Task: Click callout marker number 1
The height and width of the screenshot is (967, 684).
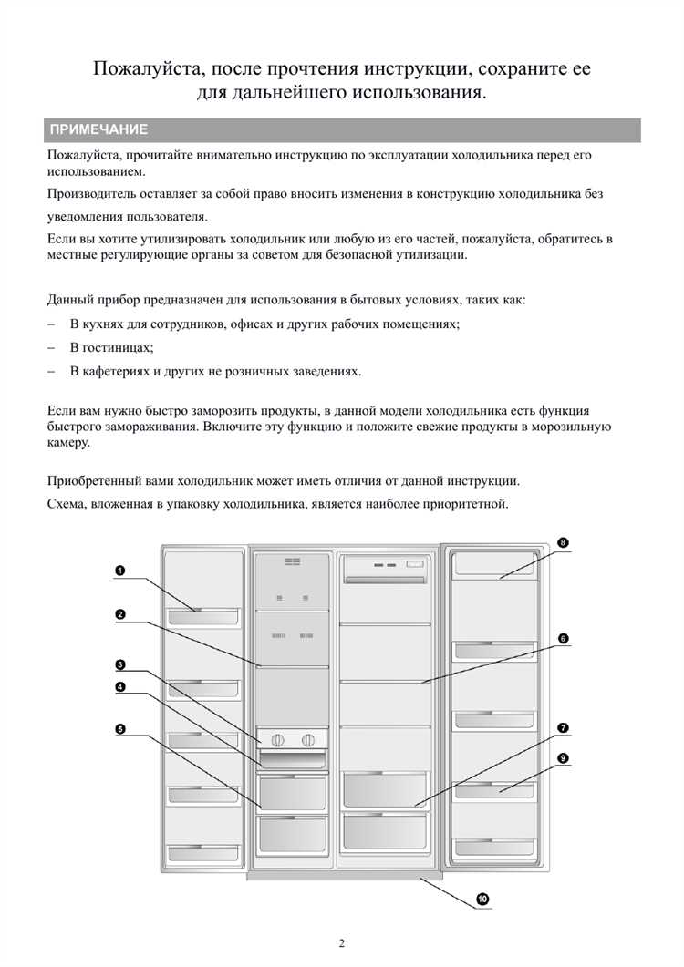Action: (x=119, y=571)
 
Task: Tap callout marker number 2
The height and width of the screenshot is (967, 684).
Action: (x=119, y=613)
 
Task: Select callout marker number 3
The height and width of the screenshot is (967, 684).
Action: (x=119, y=664)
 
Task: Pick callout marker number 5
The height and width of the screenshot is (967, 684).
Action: (x=119, y=728)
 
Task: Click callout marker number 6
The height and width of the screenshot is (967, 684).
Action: (x=564, y=639)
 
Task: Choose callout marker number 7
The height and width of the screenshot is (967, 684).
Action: (x=564, y=727)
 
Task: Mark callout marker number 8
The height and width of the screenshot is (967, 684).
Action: (x=564, y=542)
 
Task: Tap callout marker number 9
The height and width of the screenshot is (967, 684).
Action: (x=564, y=757)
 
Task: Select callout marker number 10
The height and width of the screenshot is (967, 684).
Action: (x=482, y=899)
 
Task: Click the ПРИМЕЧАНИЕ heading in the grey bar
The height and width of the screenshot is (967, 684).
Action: (x=98, y=130)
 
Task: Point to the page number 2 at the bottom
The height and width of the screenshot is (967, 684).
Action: (x=342, y=943)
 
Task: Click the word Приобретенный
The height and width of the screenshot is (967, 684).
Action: (x=98, y=480)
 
